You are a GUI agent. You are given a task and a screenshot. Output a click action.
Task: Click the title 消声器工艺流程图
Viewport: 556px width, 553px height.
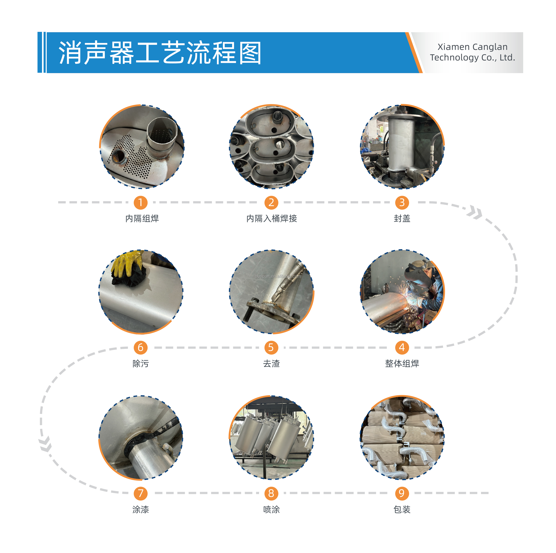[160, 53]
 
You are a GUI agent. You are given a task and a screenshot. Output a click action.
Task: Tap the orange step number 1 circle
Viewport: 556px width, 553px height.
[140, 202]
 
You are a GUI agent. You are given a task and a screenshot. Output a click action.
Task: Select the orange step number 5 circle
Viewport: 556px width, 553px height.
[271, 347]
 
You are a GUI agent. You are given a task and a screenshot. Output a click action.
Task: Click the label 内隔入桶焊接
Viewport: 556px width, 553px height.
[271, 219]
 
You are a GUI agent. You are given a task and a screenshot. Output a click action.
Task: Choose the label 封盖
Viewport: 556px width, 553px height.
[402, 219]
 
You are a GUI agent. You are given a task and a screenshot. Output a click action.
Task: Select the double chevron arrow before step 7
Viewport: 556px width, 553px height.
[46, 444]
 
